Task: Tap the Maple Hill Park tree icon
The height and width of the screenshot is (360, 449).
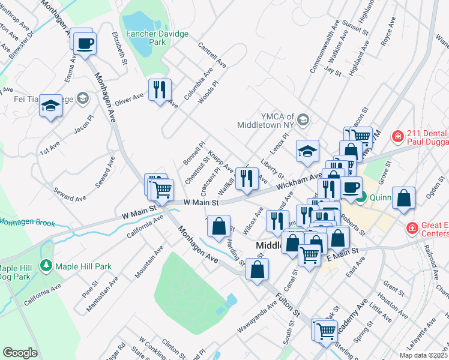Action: [46, 265]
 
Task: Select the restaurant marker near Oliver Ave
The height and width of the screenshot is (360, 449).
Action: [160, 91]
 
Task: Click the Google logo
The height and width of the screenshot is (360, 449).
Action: [20, 353]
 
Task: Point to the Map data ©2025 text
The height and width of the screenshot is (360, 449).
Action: [424, 355]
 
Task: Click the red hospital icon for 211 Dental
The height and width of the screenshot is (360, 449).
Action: [397, 137]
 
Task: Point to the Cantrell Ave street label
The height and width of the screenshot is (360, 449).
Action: [211, 54]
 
